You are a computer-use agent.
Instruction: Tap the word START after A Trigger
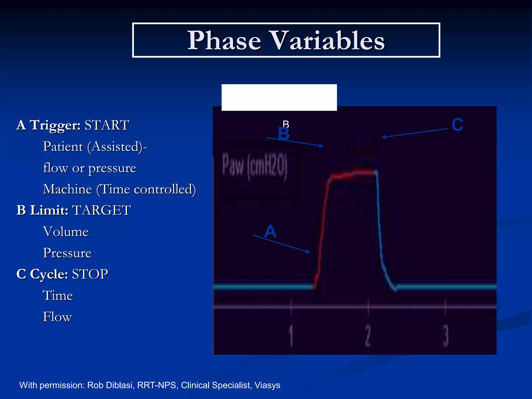click(x=107, y=125)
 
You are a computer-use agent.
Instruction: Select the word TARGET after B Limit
click(x=101, y=210)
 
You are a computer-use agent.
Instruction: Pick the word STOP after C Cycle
click(x=90, y=274)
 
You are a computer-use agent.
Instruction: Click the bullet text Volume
click(x=66, y=232)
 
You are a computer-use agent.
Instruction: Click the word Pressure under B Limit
click(x=67, y=253)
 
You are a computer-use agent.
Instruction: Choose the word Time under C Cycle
click(x=58, y=296)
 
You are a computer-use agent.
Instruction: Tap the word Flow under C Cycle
click(x=57, y=317)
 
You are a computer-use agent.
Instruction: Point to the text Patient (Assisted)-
click(x=95, y=147)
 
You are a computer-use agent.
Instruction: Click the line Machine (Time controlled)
click(x=119, y=189)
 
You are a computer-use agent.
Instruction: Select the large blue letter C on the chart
click(x=457, y=125)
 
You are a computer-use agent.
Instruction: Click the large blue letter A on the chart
click(x=270, y=231)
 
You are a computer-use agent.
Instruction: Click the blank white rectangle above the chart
click(x=279, y=97)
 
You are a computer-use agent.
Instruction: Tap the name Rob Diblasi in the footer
click(x=110, y=385)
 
